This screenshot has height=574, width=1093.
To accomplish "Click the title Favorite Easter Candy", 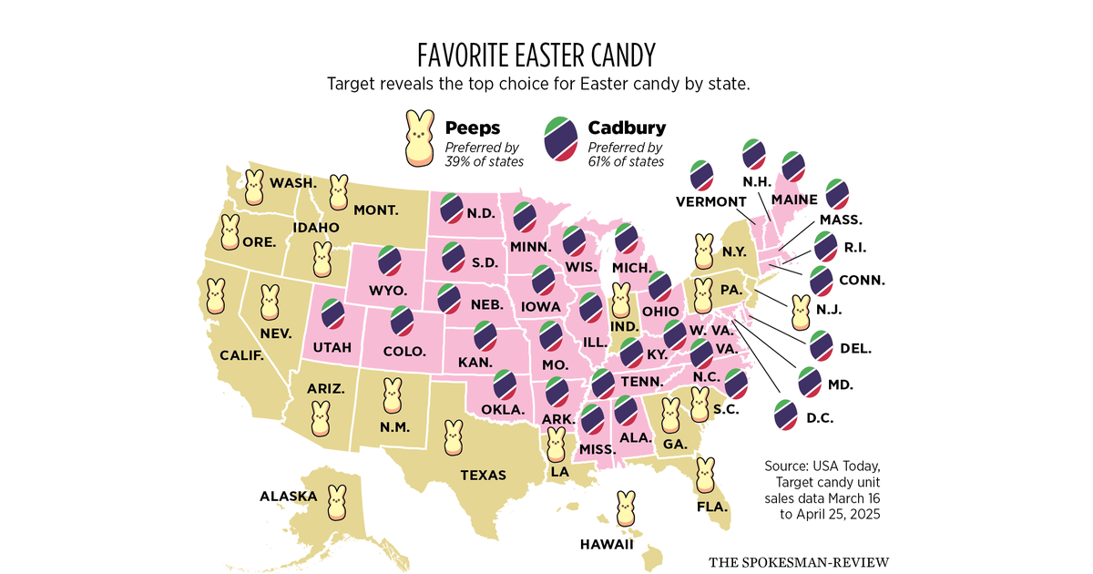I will coord(536,55).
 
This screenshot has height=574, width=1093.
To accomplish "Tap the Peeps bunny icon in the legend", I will coord(420,138).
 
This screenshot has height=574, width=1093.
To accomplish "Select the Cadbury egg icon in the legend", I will coord(563,139).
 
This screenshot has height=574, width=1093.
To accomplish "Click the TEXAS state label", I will coord(483,475).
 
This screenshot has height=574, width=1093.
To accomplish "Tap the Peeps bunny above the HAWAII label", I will coord(626,509).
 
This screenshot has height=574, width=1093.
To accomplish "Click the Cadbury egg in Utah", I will coord(333,313).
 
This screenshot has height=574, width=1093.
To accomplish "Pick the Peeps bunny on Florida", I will coord(705,475).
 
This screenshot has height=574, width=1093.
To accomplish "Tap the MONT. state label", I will coord(375,210).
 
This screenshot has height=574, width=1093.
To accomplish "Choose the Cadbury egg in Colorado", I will coord(400,322).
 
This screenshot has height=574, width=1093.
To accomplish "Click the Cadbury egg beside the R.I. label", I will coord(825,246).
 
